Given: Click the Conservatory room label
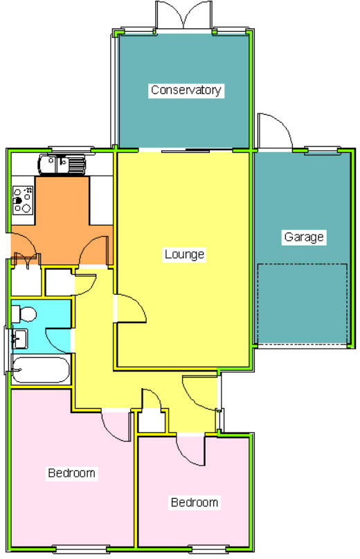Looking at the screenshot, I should (186, 90).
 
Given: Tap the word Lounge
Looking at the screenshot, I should (185, 254).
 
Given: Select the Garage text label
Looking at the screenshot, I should (304, 237).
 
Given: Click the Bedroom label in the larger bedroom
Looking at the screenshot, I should (71, 473).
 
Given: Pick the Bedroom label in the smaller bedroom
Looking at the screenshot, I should (195, 502).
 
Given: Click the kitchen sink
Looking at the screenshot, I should (62, 165).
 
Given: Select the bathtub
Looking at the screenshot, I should (41, 369).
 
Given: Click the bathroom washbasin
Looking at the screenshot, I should (19, 338).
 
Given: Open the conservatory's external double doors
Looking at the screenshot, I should (183, 15).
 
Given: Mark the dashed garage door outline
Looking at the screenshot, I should (301, 304).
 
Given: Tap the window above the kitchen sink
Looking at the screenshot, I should (70, 148).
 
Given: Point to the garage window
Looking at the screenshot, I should (321, 149).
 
